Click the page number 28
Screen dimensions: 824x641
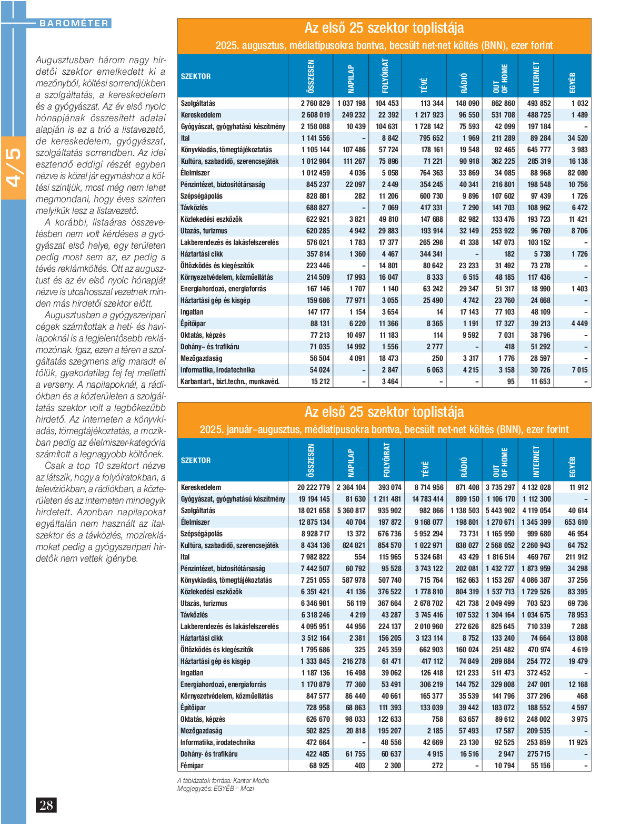coord(46,805)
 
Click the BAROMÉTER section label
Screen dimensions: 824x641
coord(74,23)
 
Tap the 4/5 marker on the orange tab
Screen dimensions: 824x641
coord(13,168)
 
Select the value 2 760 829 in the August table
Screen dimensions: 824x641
coord(315,103)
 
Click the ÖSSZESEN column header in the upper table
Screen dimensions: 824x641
coord(311,76)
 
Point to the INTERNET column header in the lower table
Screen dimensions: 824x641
coord(536,460)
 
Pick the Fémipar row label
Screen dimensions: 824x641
coord(192,766)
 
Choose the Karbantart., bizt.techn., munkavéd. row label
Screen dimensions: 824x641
coord(230,381)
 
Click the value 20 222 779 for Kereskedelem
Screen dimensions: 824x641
coord(313,487)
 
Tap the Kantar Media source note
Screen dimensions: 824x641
coord(223,780)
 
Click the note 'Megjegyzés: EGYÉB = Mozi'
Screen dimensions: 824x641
coord(216,788)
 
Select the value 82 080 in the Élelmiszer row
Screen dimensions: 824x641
coord(577,173)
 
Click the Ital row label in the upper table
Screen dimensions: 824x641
coord(185,138)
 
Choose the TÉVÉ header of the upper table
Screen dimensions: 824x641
coord(424,84)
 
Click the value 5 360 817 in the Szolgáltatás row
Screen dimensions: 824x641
coord(351,511)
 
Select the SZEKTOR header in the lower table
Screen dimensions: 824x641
coord(196,460)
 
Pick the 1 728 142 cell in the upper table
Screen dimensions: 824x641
coord(428,126)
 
